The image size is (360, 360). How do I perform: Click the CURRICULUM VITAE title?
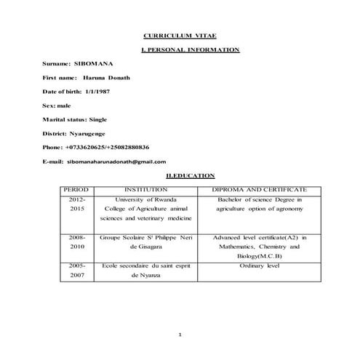pos(180,35)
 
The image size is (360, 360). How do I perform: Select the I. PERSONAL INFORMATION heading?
pos(189,49)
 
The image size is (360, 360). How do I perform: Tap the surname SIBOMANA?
pos(89,63)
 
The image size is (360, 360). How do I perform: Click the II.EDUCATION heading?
pos(190,175)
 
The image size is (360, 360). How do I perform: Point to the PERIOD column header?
pos(77,189)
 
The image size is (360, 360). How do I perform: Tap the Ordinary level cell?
pos(259,266)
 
